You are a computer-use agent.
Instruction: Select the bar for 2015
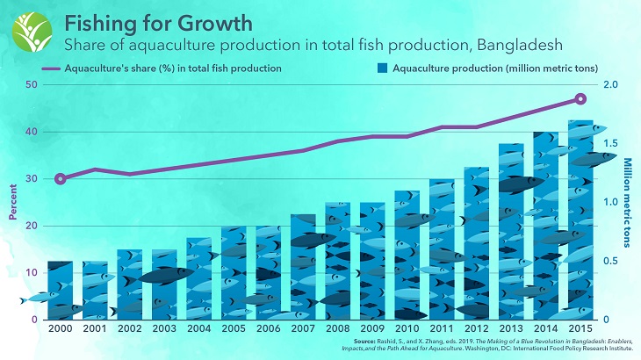pyautogui.click(x=580, y=220)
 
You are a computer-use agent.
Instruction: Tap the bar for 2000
pyautogui.click(x=60, y=290)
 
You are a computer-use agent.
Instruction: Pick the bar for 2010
pyautogui.click(x=407, y=255)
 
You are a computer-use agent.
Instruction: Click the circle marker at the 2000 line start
pyautogui.click(x=60, y=179)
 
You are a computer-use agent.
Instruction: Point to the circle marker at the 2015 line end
pyautogui.click(x=580, y=99)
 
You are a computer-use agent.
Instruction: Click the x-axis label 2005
pyautogui.click(x=234, y=329)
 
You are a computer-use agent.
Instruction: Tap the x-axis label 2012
pyautogui.click(x=477, y=329)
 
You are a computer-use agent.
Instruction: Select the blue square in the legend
pyautogui.click(x=380, y=68)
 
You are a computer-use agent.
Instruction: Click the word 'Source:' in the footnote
pyautogui.click(x=365, y=340)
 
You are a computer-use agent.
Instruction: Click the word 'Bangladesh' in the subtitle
pyautogui.click(x=517, y=42)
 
